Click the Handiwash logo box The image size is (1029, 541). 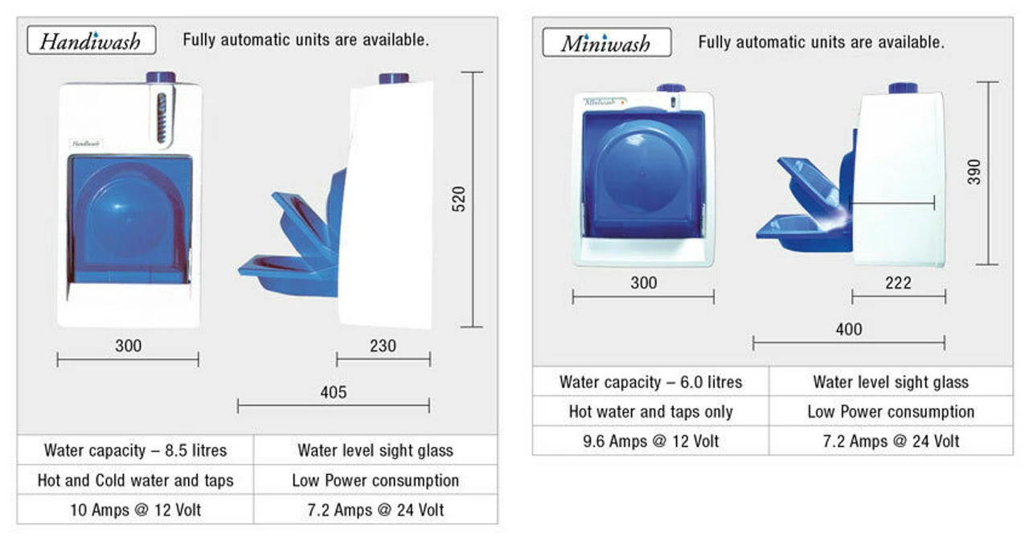pyautogui.click(x=92, y=40)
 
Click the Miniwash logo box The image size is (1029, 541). pyautogui.click(x=606, y=43)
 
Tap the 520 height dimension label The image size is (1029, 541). pyautogui.click(x=458, y=199)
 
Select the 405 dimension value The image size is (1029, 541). pyautogui.click(x=334, y=392)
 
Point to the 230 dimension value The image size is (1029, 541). pyautogui.click(x=383, y=346)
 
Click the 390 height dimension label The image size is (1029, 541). pyautogui.click(x=974, y=172)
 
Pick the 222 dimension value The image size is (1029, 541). pyautogui.click(x=898, y=283)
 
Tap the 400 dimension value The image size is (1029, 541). pyautogui.click(x=849, y=330)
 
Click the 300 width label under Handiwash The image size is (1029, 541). pyautogui.click(x=128, y=346)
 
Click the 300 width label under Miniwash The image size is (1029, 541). pyautogui.click(x=644, y=283)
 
